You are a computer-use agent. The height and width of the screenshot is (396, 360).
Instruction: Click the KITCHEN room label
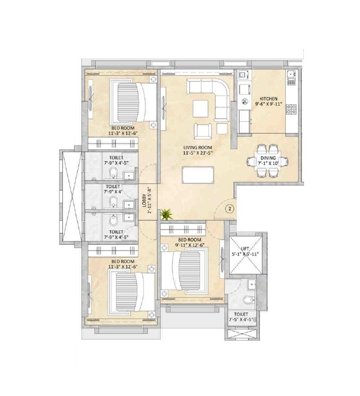269,99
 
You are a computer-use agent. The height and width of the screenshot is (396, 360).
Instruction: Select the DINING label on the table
268,157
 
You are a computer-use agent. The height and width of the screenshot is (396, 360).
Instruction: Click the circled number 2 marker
228,208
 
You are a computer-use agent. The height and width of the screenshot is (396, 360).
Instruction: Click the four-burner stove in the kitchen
291,108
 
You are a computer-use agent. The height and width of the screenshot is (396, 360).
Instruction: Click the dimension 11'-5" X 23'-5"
197,152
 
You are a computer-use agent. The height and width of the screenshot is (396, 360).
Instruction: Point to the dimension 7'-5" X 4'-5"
241,320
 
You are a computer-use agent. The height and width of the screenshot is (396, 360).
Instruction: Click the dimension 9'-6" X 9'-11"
269,104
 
